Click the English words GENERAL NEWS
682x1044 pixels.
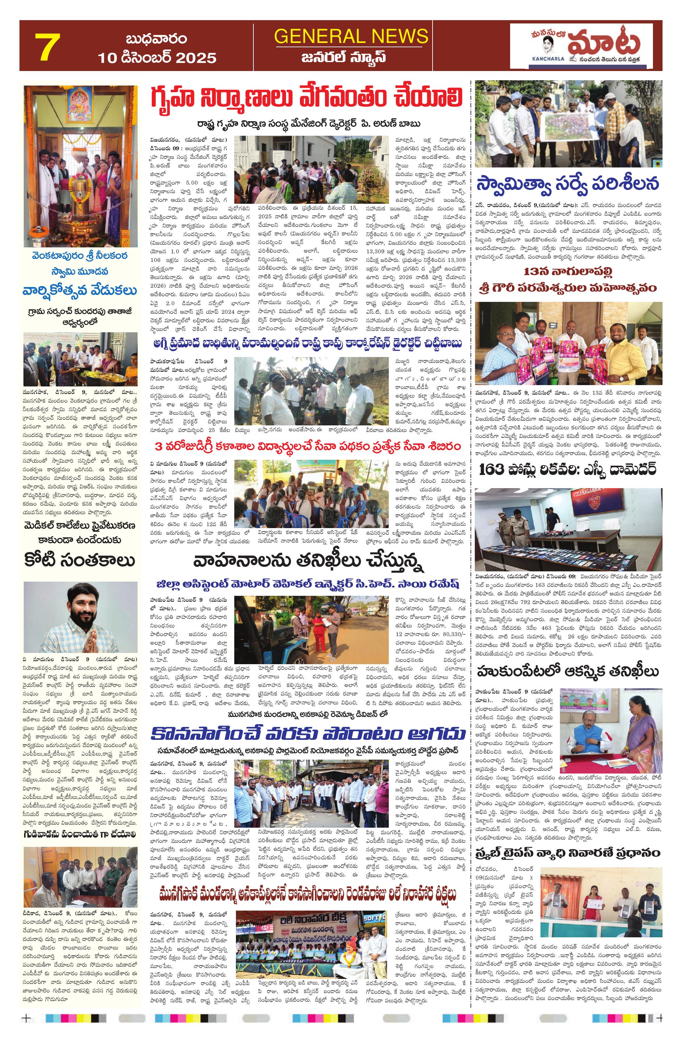[351, 36]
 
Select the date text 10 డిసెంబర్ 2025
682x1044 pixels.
[157, 57]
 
